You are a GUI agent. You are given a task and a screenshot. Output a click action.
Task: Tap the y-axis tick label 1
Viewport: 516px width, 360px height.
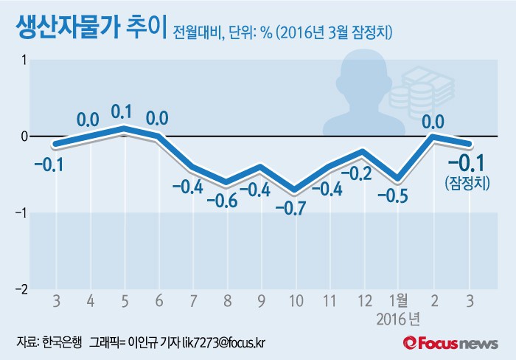pyautogui.click(x=24, y=60)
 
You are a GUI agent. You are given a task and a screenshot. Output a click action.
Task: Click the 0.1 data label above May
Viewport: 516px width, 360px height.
pyautogui.click(x=122, y=112)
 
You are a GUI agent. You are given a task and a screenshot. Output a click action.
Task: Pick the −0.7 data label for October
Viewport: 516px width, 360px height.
pyautogui.click(x=296, y=208)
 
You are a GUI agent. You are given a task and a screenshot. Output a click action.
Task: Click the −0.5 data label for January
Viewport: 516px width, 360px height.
pyautogui.click(x=397, y=197)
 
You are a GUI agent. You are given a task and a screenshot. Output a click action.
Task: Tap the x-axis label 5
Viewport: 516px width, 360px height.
pyautogui.click(x=125, y=301)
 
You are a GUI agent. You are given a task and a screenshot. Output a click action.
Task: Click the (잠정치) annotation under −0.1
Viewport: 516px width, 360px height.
pyautogui.click(x=467, y=182)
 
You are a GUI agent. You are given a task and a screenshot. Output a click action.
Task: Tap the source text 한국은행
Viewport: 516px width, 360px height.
pyautogui.click(x=60, y=342)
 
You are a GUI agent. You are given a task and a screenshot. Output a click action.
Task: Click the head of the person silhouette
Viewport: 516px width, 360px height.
pyautogui.click(x=363, y=69)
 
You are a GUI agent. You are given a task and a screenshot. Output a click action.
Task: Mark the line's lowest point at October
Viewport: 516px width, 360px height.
pyautogui.click(x=296, y=190)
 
